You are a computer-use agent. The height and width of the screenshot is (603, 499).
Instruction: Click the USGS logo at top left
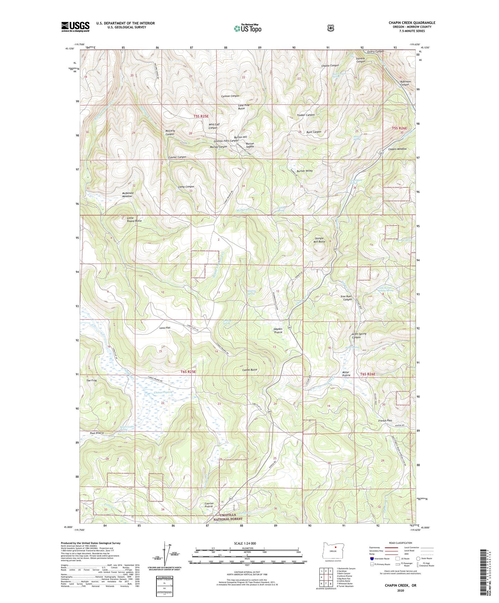(x=75, y=26)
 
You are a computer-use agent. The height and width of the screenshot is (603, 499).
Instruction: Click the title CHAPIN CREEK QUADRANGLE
(x=412, y=23)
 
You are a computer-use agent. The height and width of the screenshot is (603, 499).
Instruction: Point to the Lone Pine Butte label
(x=243, y=107)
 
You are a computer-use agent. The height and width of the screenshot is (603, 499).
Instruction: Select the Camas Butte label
(x=250, y=370)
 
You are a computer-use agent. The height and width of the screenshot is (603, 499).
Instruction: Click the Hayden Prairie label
(x=278, y=331)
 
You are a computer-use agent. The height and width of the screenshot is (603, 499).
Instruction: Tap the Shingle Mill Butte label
(x=319, y=240)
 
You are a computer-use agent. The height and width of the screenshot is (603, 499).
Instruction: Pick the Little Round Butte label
(x=134, y=219)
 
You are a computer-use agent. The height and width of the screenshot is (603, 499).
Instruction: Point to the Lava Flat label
(x=165, y=328)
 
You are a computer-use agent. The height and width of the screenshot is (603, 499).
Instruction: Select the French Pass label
(x=385, y=421)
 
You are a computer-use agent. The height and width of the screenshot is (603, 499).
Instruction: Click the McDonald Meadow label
(x=127, y=194)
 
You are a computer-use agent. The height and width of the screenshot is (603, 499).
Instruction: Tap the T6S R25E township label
(x=188, y=372)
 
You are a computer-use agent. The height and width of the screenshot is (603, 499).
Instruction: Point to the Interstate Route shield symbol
(x=372, y=558)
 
